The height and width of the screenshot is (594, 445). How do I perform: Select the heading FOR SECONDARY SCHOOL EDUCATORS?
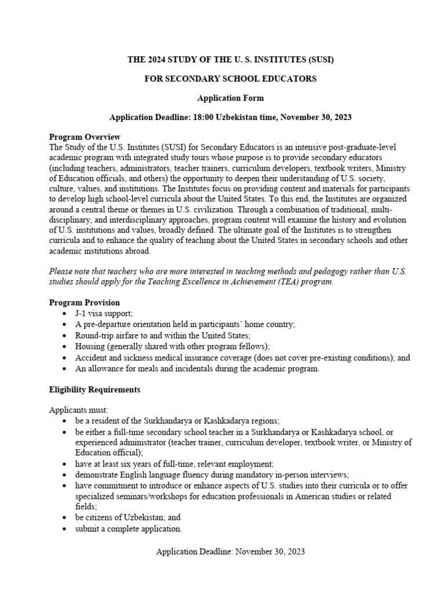[x=230, y=79]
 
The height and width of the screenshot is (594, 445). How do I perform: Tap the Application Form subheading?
[x=230, y=98]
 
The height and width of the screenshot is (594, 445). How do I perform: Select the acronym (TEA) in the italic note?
[x=278, y=281]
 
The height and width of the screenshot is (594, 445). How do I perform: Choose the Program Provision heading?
[x=85, y=303]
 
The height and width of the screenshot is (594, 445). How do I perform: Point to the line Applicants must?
[x=75, y=410]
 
